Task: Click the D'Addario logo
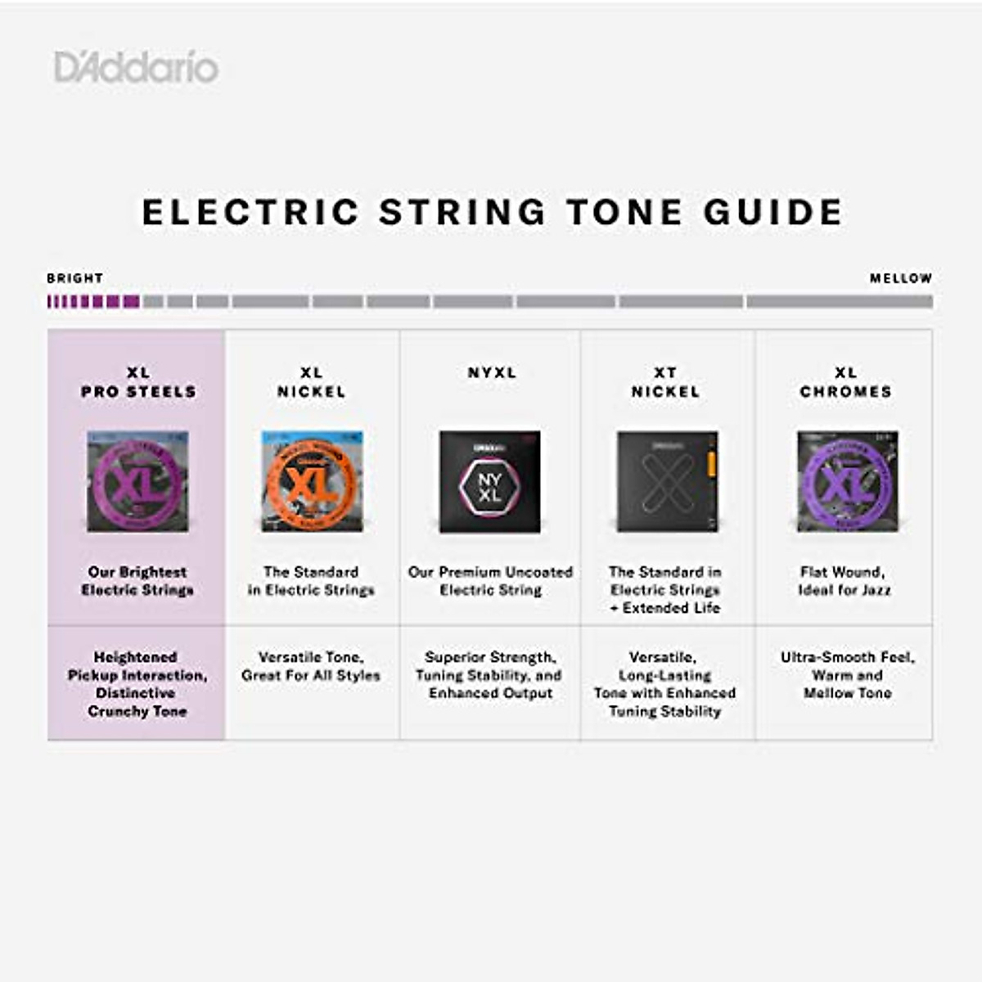tap(136, 67)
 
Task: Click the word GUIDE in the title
tap(773, 212)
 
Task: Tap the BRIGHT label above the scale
tap(74, 278)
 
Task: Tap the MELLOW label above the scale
tap(900, 278)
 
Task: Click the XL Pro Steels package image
tap(137, 482)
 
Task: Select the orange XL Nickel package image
tap(312, 482)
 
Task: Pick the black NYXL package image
tap(489, 482)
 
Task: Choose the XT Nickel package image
tap(667, 482)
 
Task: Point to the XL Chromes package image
tap(847, 482)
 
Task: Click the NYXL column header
tap(492, 372)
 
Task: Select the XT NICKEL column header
tap(665, 382)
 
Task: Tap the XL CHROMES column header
tap(845, 382)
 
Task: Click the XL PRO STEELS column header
tap(138, 382)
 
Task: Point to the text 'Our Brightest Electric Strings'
tap(137, 581)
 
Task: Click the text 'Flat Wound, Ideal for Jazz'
tap(844, 581)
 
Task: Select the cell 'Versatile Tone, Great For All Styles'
tap(311, 666)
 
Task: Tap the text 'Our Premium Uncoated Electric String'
tap(490, 581)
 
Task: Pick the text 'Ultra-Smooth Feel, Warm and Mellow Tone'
tap(847, 675)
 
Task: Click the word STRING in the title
tap(462, 212)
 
